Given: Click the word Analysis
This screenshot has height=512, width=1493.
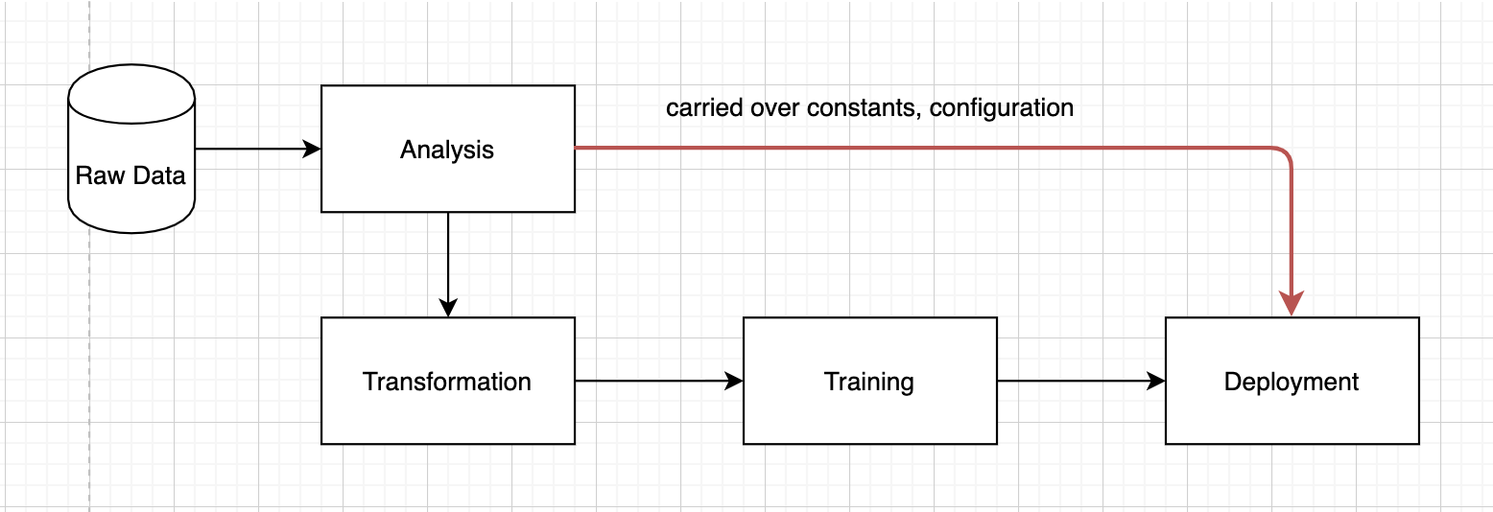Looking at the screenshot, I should point(447,150).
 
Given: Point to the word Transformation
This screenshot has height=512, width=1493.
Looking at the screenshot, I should point(447,382).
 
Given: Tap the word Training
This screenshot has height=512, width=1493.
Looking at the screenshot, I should point(869,382).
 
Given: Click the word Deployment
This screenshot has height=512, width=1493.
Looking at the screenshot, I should point(1292,382).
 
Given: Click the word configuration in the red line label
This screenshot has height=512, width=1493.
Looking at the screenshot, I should point(1001,107).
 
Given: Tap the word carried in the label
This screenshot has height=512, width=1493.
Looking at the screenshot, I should point(698,107).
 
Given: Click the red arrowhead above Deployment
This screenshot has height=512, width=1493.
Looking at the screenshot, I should point(1292,304).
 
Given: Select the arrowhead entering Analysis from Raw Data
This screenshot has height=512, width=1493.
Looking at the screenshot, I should point(311,149).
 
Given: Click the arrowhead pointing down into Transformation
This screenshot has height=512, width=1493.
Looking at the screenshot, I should point(448,307).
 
